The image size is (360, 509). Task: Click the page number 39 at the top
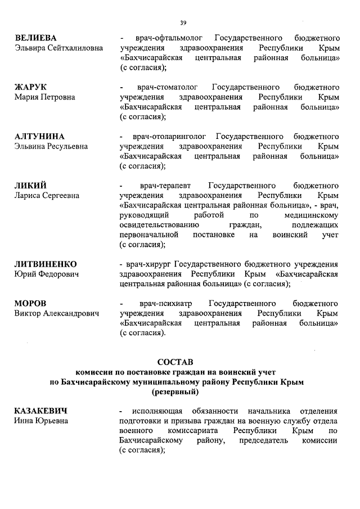183,22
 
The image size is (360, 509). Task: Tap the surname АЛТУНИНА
39,137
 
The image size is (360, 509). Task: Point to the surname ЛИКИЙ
30,186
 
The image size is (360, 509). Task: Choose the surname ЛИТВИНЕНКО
46,264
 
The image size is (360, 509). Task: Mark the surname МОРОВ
30,303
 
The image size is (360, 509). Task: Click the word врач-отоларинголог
170,137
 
